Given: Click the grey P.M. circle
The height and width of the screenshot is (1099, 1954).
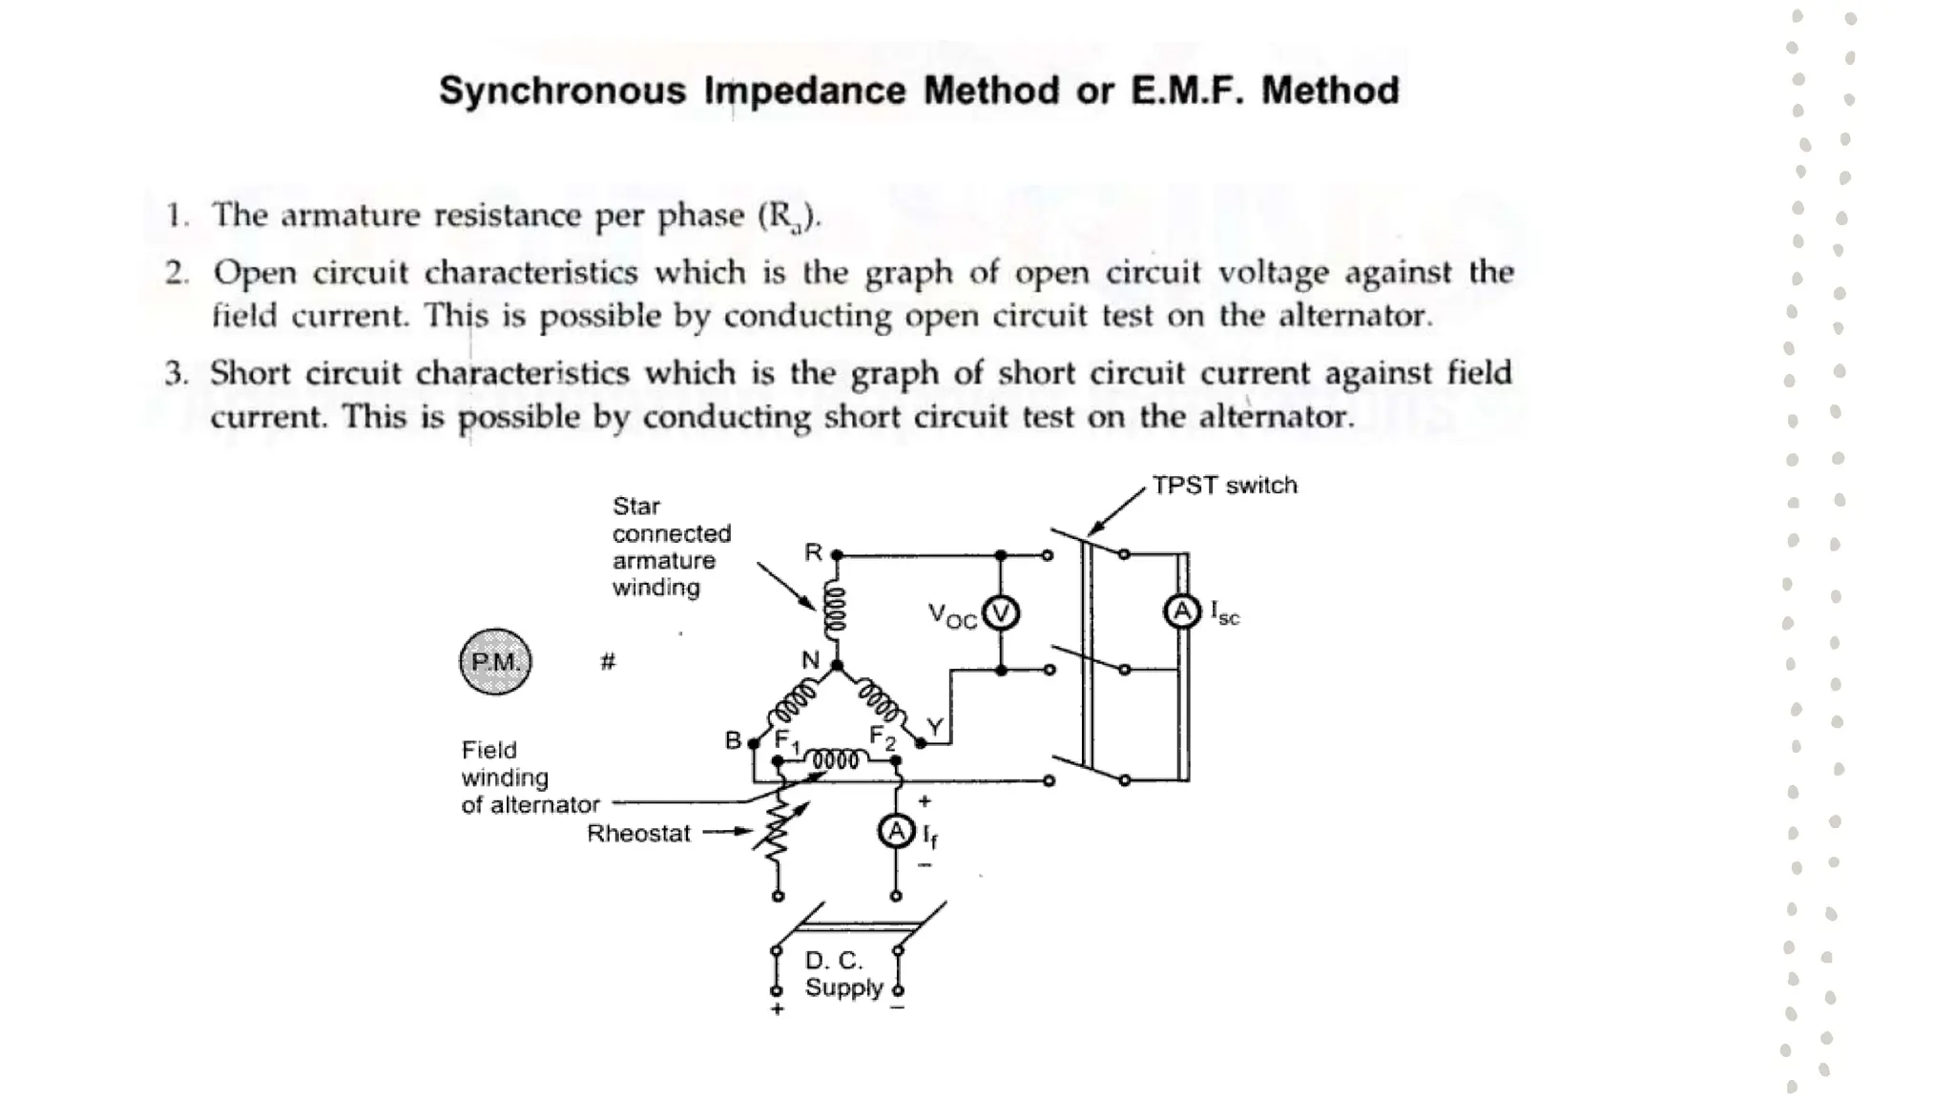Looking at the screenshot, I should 495,661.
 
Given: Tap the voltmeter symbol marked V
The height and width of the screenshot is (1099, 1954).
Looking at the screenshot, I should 1001,612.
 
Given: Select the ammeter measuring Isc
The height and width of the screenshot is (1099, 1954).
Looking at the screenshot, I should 1181,611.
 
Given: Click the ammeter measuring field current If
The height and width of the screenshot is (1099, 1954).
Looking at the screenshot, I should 895,832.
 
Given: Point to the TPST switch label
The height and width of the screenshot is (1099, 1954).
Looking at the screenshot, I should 1224,486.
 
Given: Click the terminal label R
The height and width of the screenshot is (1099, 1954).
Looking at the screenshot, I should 813,552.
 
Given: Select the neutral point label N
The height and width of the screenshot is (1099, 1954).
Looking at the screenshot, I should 810,660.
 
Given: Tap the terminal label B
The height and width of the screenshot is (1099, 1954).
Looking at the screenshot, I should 733,740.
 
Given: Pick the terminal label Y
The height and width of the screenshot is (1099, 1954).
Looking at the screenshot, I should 935,727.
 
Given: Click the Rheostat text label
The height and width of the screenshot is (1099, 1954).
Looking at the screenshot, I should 638,834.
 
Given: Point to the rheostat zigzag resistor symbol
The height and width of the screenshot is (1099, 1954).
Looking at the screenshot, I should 778,828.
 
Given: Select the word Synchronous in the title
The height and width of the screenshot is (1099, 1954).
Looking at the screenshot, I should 562,92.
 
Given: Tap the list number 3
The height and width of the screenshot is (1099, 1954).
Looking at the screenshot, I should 175,373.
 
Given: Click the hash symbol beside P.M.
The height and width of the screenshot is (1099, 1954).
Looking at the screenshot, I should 608,661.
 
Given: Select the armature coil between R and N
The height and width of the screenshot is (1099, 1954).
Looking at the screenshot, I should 835,610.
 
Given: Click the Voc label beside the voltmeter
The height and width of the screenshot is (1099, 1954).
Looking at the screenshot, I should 952,616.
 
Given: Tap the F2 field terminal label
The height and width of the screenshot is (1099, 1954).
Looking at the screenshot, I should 883,737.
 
